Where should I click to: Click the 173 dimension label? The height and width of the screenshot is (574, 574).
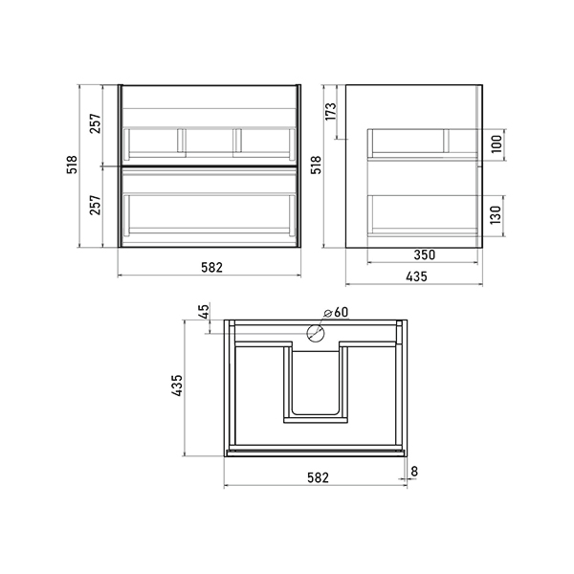[x=330, y=111]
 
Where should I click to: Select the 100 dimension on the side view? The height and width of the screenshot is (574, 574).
[x=497, y=144]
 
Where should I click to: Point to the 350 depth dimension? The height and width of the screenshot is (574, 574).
[x=425, y=254]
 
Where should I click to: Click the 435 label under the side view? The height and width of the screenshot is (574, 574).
[x=416, y=276]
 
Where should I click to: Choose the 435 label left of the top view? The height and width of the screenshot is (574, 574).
[x=177, y=386]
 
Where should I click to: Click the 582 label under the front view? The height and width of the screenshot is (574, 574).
[x=211, y=268]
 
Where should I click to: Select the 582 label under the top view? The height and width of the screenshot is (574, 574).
[x=318, y=477]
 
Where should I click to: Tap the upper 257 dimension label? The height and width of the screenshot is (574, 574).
[x=95, y=123]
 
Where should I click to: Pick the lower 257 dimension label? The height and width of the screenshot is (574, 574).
[x=95, y=205]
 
